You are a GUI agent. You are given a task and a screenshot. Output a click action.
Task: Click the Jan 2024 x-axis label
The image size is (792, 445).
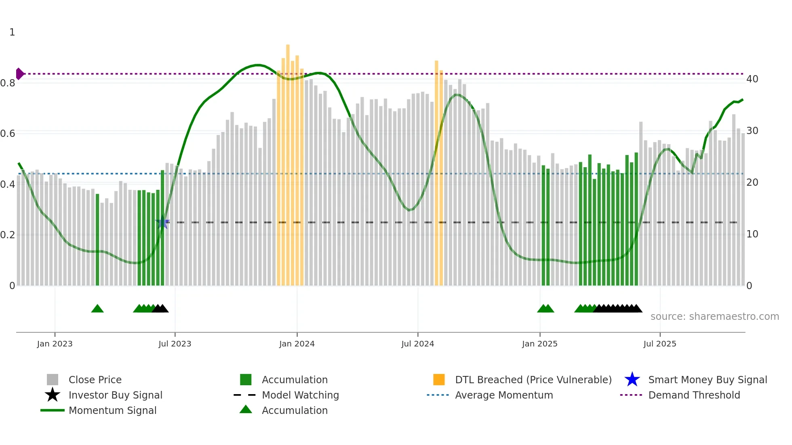pos(297,344)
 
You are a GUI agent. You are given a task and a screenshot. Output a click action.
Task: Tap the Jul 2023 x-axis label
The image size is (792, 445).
pos(175,344)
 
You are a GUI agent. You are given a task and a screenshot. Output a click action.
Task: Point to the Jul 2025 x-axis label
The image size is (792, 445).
pos(659,344)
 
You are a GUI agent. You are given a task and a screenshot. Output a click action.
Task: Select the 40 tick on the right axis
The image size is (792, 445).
pos(752,79)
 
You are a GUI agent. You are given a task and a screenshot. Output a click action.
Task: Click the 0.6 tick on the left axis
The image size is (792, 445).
pos(8,134)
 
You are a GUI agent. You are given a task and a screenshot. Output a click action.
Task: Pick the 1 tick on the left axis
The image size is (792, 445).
pos(12,32)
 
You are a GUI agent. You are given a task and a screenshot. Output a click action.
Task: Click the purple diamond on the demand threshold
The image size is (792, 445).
pos(19,74)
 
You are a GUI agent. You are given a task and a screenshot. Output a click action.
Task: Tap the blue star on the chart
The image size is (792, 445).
pos(162,222)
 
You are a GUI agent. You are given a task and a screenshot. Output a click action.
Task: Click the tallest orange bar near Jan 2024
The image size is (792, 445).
pos(288,162)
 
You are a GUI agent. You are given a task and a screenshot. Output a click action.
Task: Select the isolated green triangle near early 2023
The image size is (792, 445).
pos(97,309)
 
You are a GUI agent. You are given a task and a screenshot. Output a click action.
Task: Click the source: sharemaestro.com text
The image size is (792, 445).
pos(714,317)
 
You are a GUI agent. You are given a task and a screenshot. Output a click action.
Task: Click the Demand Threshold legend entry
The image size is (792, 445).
pos(694,395)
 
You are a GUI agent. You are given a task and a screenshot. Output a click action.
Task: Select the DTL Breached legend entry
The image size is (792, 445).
pos(533,380)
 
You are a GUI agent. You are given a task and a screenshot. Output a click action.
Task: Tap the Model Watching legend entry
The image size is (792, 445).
pos(300,395)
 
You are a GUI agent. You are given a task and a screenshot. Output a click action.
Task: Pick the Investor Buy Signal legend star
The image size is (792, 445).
pos(53,395)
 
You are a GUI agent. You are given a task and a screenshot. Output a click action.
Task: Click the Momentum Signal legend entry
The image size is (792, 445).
pos(112,410)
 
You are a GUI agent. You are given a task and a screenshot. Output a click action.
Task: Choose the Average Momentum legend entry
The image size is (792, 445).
pos(503,395)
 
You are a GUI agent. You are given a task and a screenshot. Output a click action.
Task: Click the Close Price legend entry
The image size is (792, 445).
pos(95,380)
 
